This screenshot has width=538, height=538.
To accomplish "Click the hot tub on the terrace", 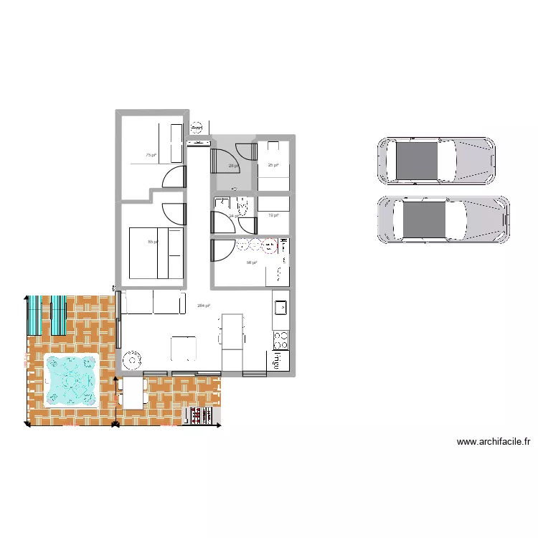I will click(71, 380).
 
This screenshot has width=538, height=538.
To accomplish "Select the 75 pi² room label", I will click(150, 155).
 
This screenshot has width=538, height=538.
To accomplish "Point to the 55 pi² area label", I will click(152, 242).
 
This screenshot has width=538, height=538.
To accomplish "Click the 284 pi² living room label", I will click(203, 306).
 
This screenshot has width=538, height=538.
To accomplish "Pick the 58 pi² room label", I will click(251, 263).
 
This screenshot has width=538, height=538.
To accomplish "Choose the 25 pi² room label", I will click(273, 166).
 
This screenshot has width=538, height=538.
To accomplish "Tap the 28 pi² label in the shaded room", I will click(233, 166).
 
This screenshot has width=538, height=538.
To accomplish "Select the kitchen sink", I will click(280, 308).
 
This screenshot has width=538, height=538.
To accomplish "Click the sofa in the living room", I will click(151, 302).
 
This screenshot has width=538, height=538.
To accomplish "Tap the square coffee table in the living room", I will click(184, 348).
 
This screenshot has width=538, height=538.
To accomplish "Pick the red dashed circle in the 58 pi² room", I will click(269, 247).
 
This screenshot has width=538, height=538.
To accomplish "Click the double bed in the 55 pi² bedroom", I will click(156, 253).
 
